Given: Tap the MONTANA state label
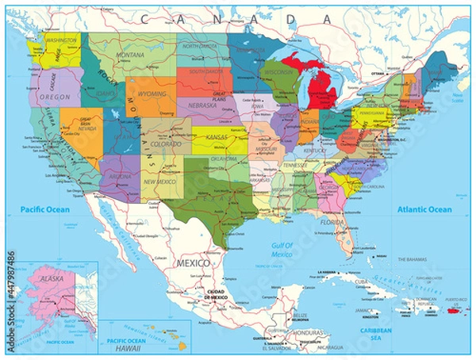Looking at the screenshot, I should (x=130, y=55).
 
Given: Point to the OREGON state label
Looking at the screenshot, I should (x=56, y=98).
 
